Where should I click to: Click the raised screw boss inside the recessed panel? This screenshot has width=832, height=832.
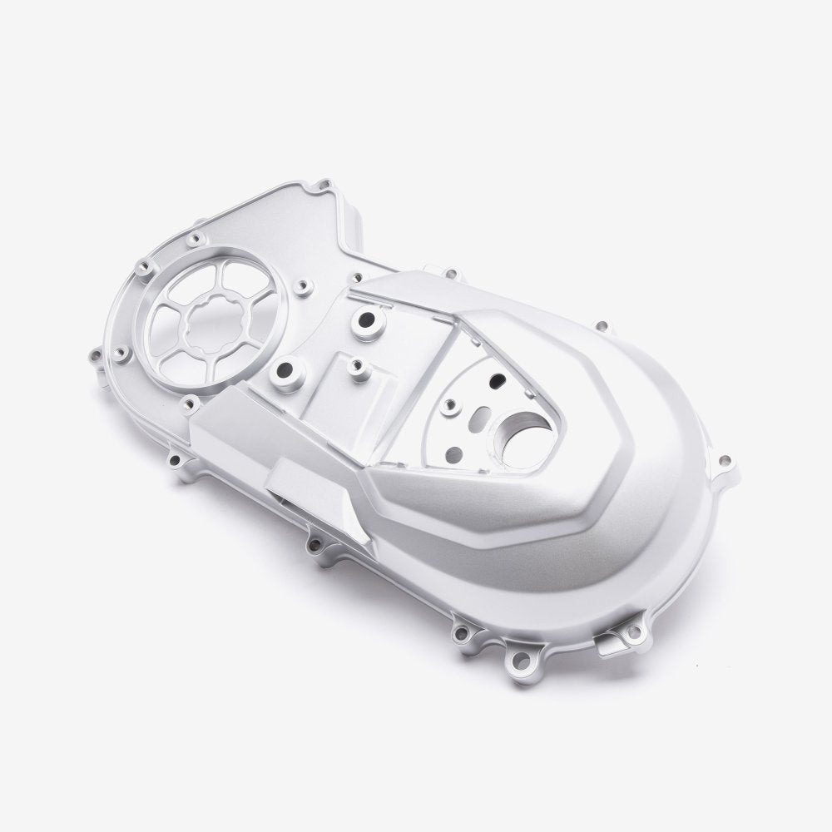450,406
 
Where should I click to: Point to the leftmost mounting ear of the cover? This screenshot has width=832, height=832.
93,359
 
